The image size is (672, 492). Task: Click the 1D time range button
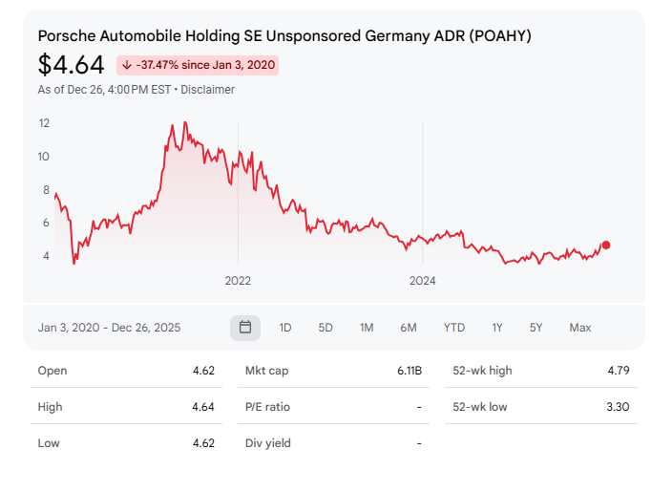[x=285, y=328]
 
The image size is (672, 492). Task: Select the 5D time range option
[x=325, y=328]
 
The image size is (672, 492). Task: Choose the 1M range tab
[x=367, y=328]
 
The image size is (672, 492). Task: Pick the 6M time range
[x=409, y=328]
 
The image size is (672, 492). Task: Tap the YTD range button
[x=454, y=328]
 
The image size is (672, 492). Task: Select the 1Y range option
[x=497, y=328]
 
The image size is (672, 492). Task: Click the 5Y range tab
[x=536, y=328]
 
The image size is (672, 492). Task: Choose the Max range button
[x=580, y=328]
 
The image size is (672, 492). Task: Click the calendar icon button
[x=245, y=328]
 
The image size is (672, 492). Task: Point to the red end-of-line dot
[x=606, y=246]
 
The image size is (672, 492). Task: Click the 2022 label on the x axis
[x=238, y=281]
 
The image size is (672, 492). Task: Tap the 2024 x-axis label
[x=423, y=281]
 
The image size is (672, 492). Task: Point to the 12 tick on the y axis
[x=44, y=123]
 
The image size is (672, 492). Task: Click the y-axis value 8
[x=46, y=190]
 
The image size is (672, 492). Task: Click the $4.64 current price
[x=72, y=65]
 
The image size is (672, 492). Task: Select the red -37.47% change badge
[x=198, y=65]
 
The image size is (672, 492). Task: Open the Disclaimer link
[x=208, y=90]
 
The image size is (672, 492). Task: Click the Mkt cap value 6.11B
[x=409, y=371]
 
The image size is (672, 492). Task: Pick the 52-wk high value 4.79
[x=618, y=371]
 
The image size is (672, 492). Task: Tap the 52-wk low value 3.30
[x=618, y=407]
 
